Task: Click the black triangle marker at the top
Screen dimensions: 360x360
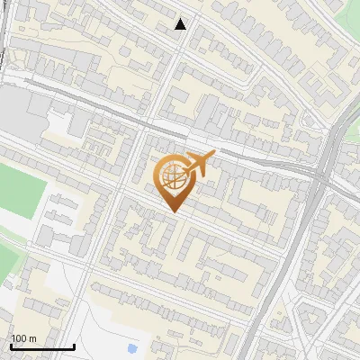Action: [181, 24]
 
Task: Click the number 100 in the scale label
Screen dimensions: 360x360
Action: [18, 338]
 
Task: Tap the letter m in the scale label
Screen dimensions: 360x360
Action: [31, 338]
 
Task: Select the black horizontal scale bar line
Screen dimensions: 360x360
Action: [42, 347]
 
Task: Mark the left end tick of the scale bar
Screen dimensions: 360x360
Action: [11, 346]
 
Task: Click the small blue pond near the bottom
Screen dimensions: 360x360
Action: [133, 347]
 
